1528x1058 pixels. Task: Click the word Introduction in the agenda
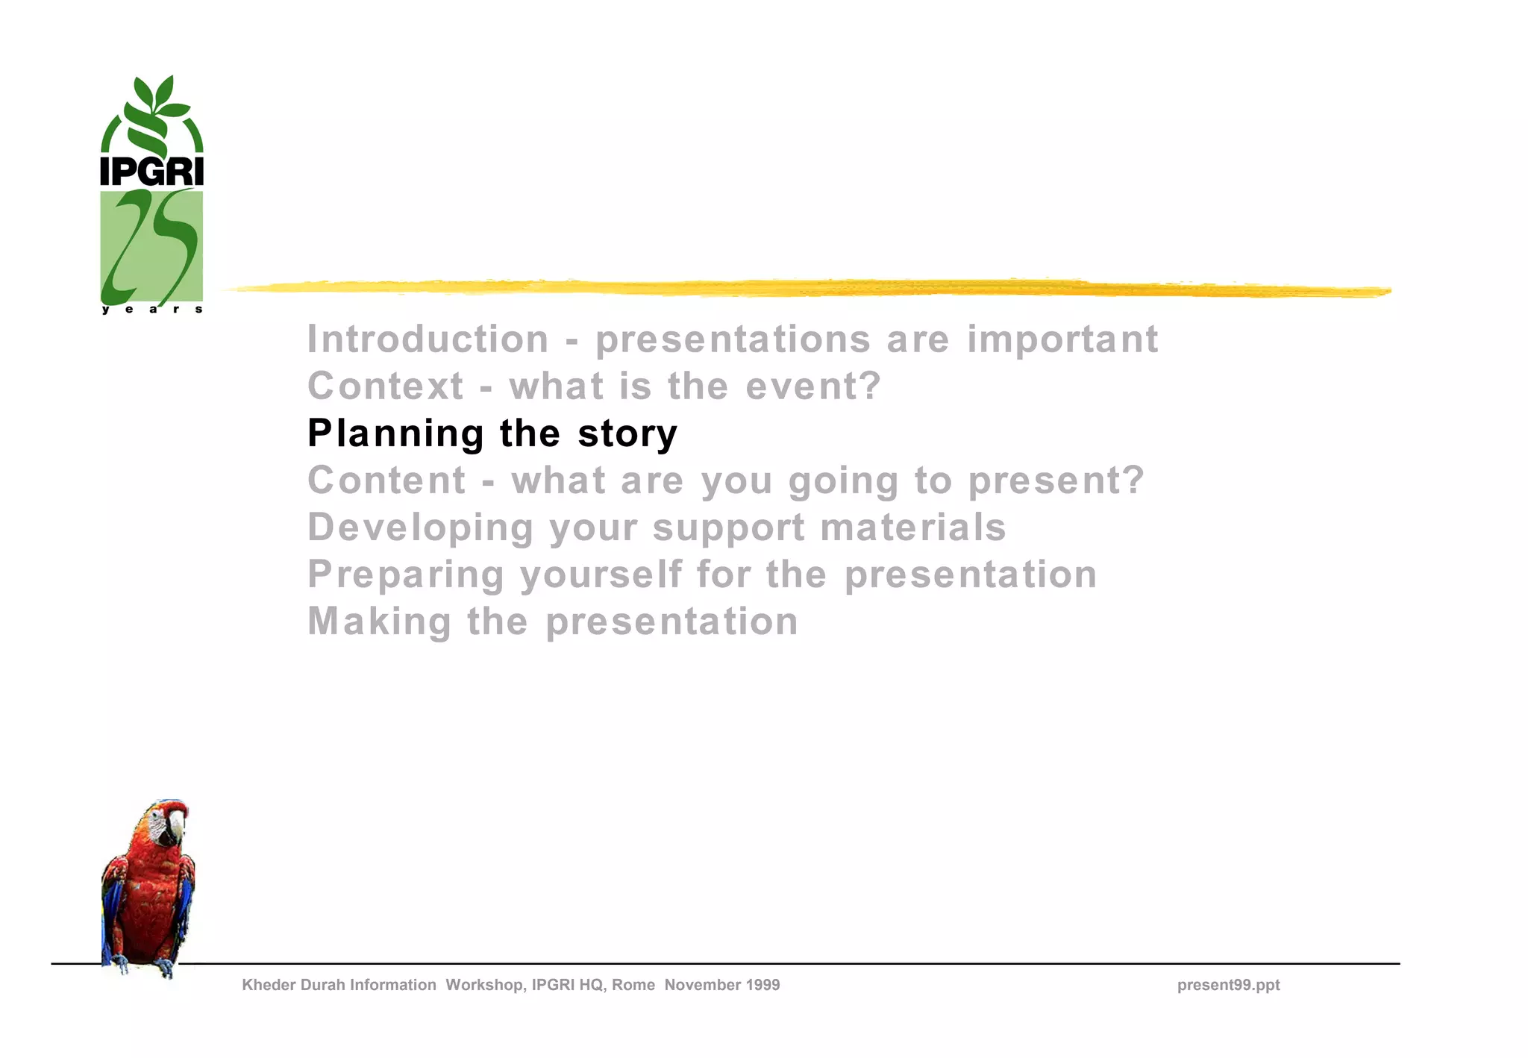pos(428,339)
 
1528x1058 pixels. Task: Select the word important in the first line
pos(1062,339)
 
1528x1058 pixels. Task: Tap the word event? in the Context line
pos(813,386)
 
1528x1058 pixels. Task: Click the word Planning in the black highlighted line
pos(395,434)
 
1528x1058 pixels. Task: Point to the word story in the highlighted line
pos(627,434)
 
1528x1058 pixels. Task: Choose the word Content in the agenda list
pos(386,481)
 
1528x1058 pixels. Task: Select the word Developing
pos(420,528)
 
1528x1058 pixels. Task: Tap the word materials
pos(913,528)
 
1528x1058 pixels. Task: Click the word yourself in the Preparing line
pos(601,575)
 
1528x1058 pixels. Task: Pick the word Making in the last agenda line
pos(379,622)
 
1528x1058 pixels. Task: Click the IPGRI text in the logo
pos(151,172)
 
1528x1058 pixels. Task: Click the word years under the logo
pos(151,309)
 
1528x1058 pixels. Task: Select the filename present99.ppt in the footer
pos(1228,985)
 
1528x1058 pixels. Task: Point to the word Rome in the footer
pos(633,985)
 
